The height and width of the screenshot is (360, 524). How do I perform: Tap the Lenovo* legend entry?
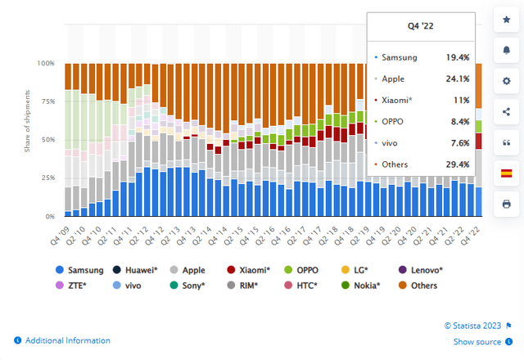pyautogui.click(x=422, y=270)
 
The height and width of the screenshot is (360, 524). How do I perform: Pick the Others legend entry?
pyautogui.click(x=422, y=286)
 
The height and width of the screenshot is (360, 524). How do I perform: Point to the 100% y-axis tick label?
pyautogui.click(x=46, y=63)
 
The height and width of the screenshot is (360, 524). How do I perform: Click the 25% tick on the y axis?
pyautogui.click(x=48, y=178)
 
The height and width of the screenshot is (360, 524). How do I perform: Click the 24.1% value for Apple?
pyautogui.click(x=456, y=79)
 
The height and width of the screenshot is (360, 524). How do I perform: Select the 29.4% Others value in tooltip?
pyautogui.click(x=456, y=164)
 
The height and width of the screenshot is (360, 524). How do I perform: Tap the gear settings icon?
pyautogui.click(x=506, y=82)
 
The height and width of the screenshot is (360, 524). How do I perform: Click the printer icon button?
pyautogui.click(x=506, y=203)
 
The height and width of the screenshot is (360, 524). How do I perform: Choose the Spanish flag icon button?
pyautogui.click(x=506, y=173)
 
